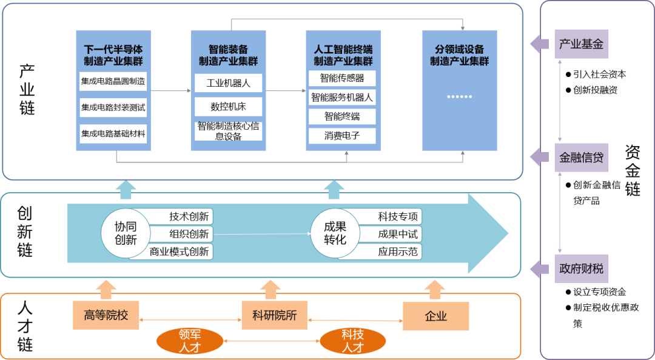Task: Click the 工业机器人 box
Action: point(228,83)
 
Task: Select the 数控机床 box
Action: point(228,107)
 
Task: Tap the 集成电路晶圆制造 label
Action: point(113,81)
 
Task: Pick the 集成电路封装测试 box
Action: point(113,107)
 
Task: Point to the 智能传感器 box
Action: point(342,78)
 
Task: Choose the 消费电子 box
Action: point(342,136)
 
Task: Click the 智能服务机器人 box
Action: point(342,97)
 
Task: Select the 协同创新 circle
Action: point(126,233)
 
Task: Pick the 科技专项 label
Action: point(398,217)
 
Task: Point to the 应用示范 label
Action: point(398,252)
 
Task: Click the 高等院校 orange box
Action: point(106,316)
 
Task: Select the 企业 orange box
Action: point(436,316)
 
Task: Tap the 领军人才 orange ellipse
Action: point(190,341)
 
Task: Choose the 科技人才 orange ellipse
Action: point(352,341)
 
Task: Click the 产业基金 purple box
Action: point(581,44)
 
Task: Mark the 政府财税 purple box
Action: point(581,268)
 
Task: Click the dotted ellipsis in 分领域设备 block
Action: point(459,97)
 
